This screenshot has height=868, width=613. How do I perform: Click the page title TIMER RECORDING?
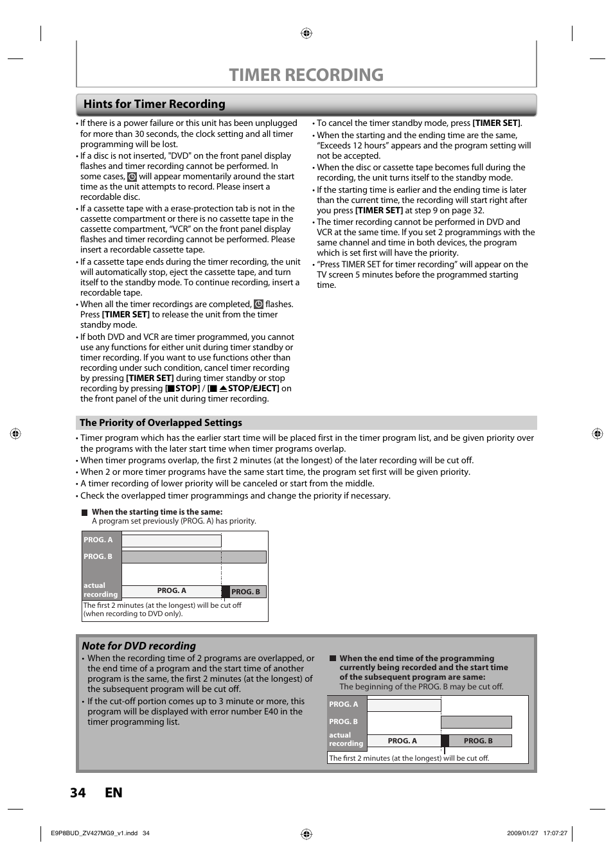point(306,75)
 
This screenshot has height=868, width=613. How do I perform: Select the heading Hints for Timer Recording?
point(154,104)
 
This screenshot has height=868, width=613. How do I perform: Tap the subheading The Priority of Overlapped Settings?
point(161,423)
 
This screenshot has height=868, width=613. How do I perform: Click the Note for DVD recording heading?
point(139,646)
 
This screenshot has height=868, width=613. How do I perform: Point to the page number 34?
point(78,792)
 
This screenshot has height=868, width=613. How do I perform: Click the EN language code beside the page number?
point(114,792)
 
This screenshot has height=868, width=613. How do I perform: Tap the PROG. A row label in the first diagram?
point(98,540)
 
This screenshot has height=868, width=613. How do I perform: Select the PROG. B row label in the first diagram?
point(98,556)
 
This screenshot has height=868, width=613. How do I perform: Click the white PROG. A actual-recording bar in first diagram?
point(172,591)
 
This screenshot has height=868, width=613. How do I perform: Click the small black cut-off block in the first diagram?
point(226,592)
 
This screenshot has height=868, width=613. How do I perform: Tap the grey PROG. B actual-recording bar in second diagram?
point(479,741)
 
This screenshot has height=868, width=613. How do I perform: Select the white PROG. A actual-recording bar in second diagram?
point(403,741)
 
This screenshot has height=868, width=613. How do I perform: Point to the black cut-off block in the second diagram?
point(445,741)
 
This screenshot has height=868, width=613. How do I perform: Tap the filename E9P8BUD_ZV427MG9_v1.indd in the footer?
point(94,833)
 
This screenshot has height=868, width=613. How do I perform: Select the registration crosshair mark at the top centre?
point(306,33)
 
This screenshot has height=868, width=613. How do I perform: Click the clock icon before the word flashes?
point(258,305)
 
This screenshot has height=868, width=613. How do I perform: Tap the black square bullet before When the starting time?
point(84,513)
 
